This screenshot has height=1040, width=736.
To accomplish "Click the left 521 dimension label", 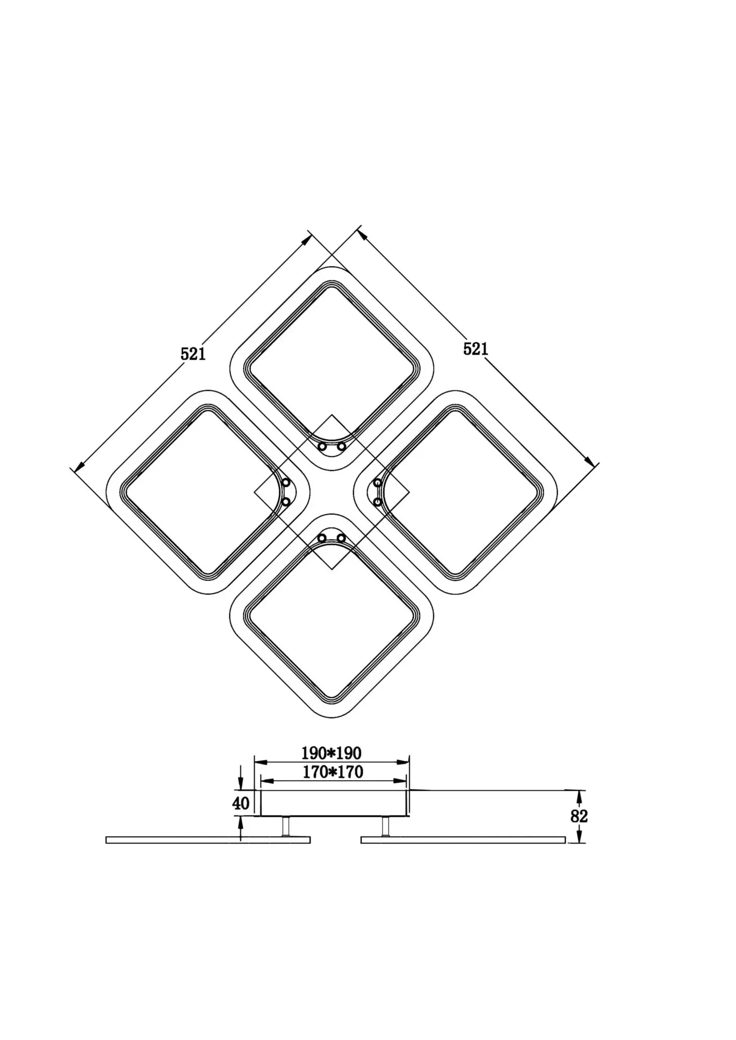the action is (x=193, y=354).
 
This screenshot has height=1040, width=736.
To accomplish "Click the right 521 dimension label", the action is (x=476, y=349).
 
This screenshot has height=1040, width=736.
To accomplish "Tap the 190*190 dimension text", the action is (x=331, y=752).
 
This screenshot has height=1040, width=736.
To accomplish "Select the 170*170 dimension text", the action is (x=333, y=772).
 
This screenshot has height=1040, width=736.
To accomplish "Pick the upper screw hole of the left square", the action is (x=286, y=483).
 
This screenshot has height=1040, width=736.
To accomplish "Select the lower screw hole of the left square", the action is (x=286, y=502).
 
